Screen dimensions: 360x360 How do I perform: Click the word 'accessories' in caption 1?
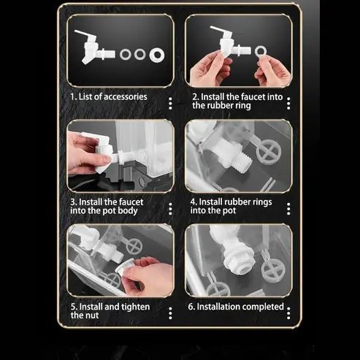tap(126, 97)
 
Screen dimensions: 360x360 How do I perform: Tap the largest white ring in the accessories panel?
tap(157, 55)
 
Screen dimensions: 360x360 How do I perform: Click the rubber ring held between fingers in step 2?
tap(261, 52)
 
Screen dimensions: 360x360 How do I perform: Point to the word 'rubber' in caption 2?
tap(222, 106)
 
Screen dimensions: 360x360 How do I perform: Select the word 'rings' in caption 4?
tap(262, 202)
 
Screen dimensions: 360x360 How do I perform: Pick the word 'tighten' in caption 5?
tap(136, 307)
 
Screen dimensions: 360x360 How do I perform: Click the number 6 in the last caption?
tap(191, 307)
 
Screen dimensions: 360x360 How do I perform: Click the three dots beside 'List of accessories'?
tap(170, 104)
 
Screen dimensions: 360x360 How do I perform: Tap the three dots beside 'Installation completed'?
tap(288, 313)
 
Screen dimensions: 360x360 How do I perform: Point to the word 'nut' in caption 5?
tap(92, 315)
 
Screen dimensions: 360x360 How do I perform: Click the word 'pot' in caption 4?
tap(229, 211)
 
